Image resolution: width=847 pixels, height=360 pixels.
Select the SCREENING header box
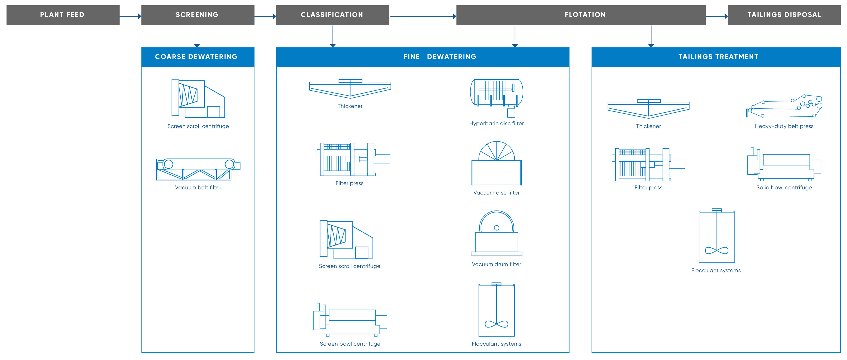coord(198,15)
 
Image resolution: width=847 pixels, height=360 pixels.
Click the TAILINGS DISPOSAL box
coord(784,15)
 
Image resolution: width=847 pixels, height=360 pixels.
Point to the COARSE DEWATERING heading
coord(197,57)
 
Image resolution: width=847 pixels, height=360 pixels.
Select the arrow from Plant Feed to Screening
coord(130,16)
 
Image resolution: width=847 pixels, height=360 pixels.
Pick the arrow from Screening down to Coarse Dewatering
coord(197,36)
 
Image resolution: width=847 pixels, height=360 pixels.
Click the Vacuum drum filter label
coord(497,264)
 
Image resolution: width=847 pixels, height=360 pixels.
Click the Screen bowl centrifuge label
coord(350,343)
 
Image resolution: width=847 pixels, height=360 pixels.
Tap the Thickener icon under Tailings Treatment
coord(648,109)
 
